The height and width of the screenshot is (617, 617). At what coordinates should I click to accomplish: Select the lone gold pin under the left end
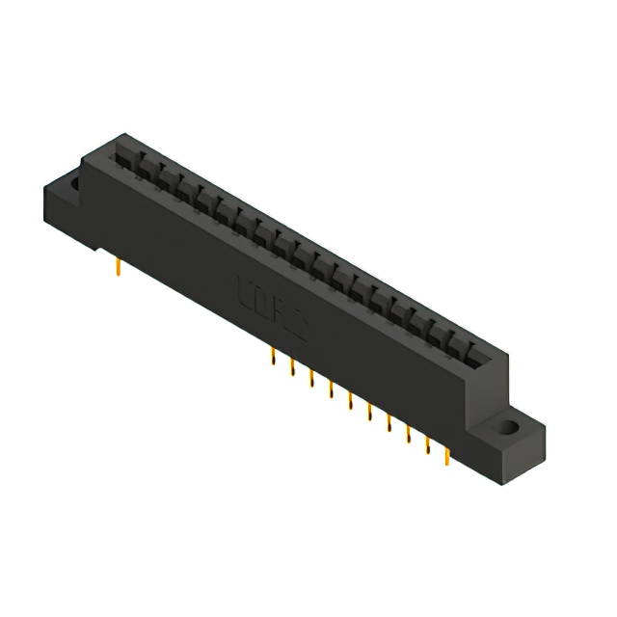coord(117,265)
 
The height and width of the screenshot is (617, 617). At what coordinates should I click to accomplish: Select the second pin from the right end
coord(428,444)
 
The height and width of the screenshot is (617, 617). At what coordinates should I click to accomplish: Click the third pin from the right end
coord(409,434)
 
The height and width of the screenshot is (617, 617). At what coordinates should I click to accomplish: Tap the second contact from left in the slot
coord(145,166)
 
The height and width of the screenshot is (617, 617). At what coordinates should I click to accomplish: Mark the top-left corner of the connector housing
coord(121,136)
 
